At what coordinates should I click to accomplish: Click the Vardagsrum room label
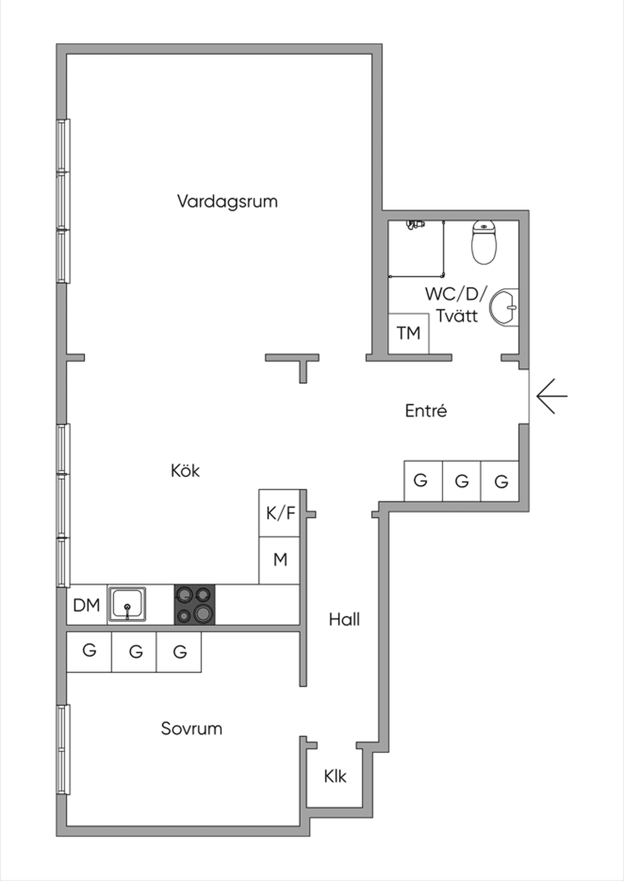[x=227, y=202]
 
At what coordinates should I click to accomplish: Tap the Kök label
[x=185, y=471]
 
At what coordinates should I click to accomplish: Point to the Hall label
[x=344, y=620]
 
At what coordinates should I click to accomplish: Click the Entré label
[x=426, y=411]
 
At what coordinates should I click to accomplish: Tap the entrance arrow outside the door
[x=552, y=396]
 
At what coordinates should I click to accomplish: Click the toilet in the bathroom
[x=484, y=242]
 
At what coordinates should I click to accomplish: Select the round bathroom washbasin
[x=504, y=307]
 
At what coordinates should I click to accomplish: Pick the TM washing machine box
[x=408, y=333]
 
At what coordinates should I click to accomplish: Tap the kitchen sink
[x=127, y=604]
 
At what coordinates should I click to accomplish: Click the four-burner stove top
[x=195, y=604]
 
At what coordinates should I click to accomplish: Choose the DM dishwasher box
[x=87, y=604]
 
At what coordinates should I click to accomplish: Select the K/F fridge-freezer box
[x=280, y=513]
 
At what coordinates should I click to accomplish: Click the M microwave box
[x=280, y=560]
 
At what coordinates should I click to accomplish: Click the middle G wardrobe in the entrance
[x=461, y=481]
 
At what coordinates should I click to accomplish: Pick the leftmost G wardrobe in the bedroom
[x=90, y=652]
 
